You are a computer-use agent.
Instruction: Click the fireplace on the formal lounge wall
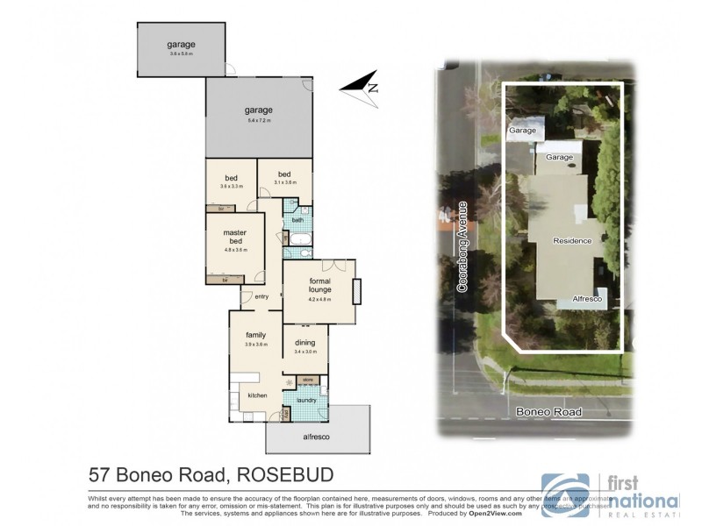point(357,290)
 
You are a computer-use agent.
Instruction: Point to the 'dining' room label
point(304,343)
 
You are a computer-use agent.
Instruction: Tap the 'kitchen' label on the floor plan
point(256,396)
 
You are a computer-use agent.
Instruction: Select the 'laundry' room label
point(305,401)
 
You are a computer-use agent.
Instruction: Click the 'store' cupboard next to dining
point(308,380)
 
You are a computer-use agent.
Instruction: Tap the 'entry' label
point(261,296)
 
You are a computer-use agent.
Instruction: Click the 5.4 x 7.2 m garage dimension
point(259,120)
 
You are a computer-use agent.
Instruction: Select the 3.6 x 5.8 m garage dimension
point(181,54)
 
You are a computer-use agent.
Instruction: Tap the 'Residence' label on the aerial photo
point(572,240)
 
